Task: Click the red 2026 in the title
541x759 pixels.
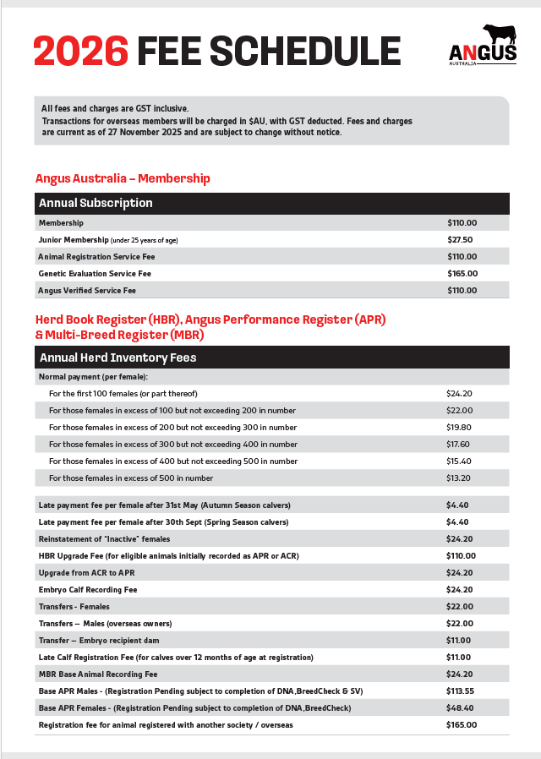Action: click(80, 52)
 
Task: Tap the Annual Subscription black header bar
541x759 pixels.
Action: click(271, 203)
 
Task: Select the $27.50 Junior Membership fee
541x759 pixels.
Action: click(460, 240)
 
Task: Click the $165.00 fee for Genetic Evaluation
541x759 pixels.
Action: click(462, 274)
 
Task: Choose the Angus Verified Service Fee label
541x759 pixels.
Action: click(87, 291)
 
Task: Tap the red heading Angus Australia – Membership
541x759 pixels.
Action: click(123, 178)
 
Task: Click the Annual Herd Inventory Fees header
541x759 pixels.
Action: click(271, 358)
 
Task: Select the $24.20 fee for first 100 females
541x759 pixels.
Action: click(458, 394)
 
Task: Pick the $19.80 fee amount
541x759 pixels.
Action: click(458, 428)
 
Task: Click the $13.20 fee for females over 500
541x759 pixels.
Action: click(458, 478)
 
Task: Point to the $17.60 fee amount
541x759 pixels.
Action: click(458, 445)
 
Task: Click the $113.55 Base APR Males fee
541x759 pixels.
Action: click(461, 691)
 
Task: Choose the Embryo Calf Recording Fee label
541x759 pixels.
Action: click(88, 590)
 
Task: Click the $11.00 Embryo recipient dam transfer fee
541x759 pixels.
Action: click(458, 641)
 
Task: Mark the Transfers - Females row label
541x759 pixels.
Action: click(74, 607)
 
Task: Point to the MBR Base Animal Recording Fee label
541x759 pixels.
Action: click(98, 674)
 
